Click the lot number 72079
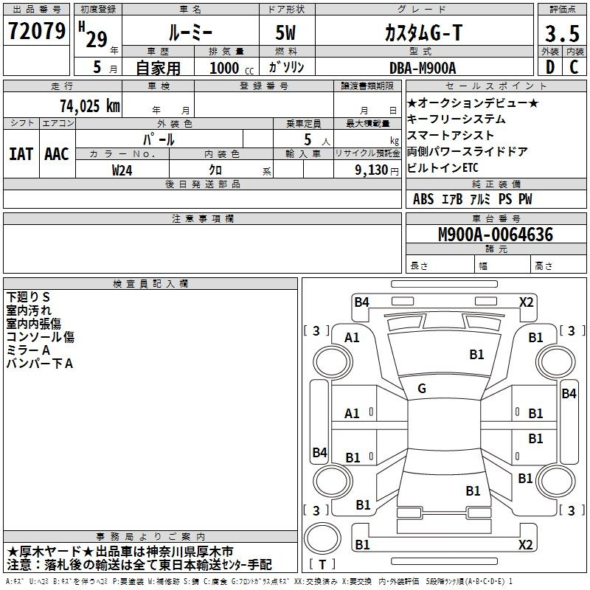37,31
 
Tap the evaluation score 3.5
562,34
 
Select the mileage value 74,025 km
90,105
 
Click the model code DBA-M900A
423,68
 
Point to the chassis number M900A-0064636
496,235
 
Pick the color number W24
122,170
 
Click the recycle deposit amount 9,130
372,170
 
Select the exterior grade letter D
550,67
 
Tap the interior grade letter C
574,67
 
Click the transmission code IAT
21,154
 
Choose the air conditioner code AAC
57,154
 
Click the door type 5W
285,32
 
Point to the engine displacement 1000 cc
232,69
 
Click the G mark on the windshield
422,389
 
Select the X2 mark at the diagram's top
526,302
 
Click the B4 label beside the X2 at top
361,302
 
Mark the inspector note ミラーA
28,350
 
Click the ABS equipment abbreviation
423,199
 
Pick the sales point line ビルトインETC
442,168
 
